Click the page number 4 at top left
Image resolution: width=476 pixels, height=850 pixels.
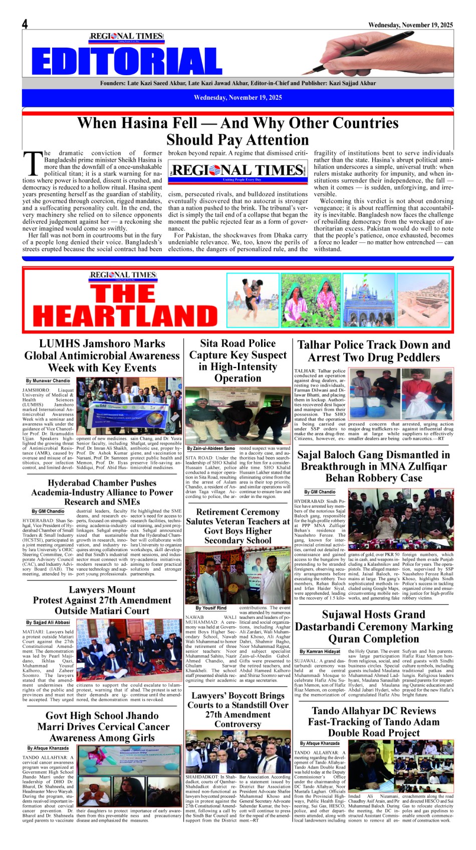click(x=25, y=24)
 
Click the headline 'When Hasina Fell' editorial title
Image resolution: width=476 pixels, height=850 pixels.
click(x=237, y=131)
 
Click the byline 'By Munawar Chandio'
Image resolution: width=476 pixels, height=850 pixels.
click(x=48, y=381)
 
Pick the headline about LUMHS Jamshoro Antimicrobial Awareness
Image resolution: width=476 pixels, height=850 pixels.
click(x=102, y=356)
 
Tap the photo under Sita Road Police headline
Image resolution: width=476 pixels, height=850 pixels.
click(x=238, y=415)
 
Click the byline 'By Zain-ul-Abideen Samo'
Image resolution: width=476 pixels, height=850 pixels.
click(x=211, y=448)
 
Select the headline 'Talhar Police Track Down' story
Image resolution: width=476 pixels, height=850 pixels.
click(x=374, y=351)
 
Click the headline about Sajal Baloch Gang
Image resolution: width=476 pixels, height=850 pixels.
click(x=374, y=466)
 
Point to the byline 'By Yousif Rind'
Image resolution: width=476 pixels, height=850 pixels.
click(x=211, y=608)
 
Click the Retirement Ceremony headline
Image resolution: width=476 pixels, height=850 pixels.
click(x=238, y=526)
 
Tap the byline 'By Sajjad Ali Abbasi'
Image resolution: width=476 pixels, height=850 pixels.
click(x=48, y=622)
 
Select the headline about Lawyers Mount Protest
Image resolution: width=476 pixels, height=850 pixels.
click(x=102, y=600)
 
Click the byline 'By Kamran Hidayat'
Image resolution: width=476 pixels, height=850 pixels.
click(x=320, y=651)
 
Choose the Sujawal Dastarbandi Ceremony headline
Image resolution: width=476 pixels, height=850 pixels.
click(x=374, y=627)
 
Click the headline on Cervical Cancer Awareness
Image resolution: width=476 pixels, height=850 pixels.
click(x=102, y=727)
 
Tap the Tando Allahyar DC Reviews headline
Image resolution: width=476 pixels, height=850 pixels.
click(x=374, y=722)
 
